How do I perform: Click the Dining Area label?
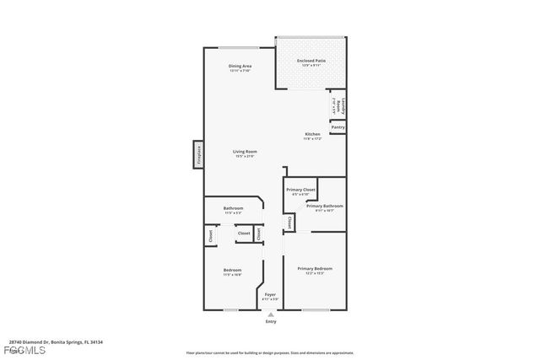[240, 66]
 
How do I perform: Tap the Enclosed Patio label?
[310, 61]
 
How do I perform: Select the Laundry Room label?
[343, 105]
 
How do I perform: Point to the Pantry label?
[337, 127]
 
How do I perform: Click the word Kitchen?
[312, 134]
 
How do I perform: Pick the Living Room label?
[244, 152]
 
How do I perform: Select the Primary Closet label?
[301, 190]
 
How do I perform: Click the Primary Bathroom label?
[324, 206]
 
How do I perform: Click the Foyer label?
[270, 294]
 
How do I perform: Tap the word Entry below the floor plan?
[270, 321]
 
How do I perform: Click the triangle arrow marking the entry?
[270, 314]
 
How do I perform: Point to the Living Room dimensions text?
[244, 157]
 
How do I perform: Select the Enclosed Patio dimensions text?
[310, 66]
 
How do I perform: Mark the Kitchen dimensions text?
[312, 139]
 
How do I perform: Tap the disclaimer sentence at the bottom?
[270, 352]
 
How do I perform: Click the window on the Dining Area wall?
[240, 47]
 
